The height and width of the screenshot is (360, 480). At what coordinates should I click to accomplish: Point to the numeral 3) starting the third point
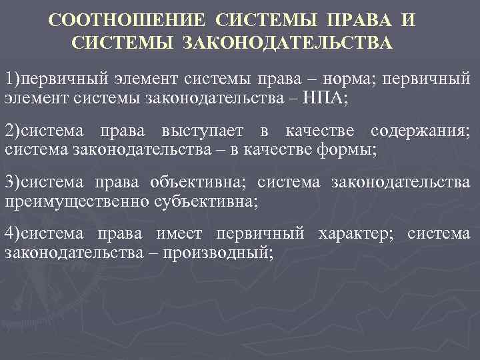tap(12, 181)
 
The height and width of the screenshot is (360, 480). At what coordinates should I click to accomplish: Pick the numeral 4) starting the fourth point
tap(12, 233)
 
